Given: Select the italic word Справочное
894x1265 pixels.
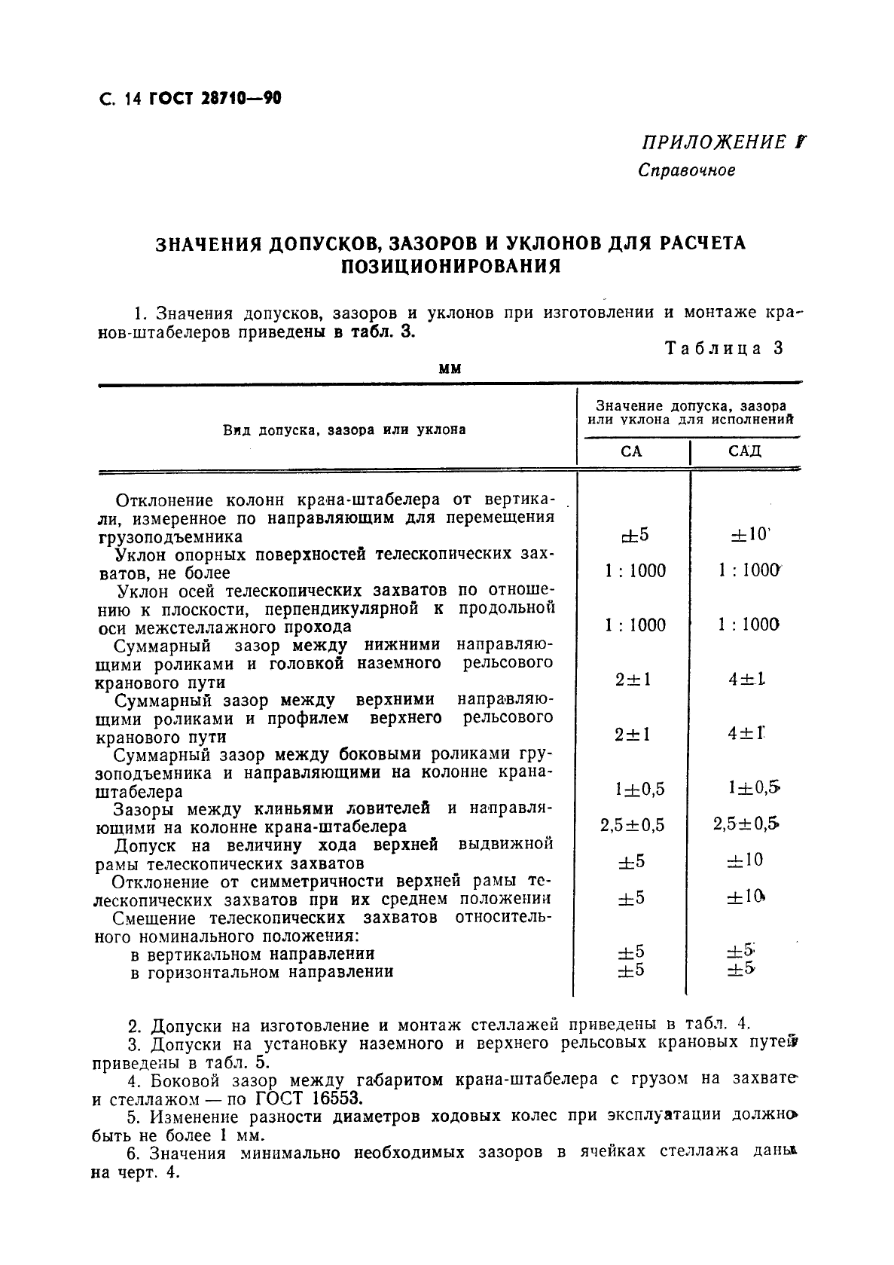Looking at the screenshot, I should tap(686, 170).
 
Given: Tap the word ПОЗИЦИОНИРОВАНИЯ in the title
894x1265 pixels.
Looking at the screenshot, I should tap(450, 267).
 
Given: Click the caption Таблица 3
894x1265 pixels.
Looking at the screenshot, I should tap(723, 348).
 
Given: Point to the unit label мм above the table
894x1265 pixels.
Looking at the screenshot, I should tap(450, 368).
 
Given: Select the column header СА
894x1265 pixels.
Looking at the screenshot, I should tap(631, 451).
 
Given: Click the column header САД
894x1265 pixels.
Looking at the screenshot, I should tap(745, 451).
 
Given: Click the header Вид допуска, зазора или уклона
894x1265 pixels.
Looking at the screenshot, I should tap(344, 429).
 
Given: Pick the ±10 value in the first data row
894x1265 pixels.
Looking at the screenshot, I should tap(748, 535).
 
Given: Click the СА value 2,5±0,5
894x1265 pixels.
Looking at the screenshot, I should tap(633, 825).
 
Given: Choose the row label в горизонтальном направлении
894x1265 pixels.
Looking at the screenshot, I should tap(261, 972).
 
